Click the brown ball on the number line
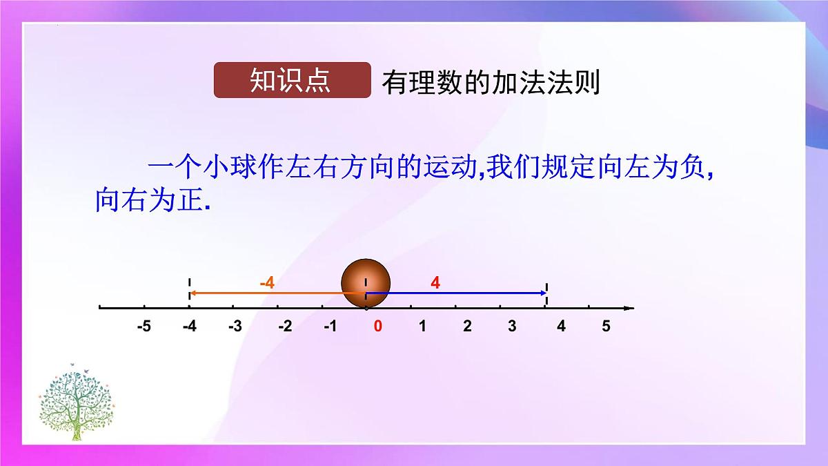pyautogui.click(x=366, y=283)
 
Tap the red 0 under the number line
pyautogui.click(x=377, y=327)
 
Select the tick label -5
pyautogui.click(x=144, y=327)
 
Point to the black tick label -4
pyautogui.click(x=189, y=327)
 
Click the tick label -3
pyautogui.click(x=235, y=327)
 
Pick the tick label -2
pyautogui.click(x=284, y=327)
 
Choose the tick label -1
pyautogui.click(x=330, y=327)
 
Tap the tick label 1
pyautogui.click(x=422, y=327)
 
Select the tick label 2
pyautogui.click(x=467, y=327)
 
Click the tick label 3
pyautogui.click(x=512, y=327)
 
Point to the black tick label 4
pyautogui.click(x=561, y=327)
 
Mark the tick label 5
pyautogui.click(x=606, y=327)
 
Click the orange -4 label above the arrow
pyautogui.click(x=267, y=283)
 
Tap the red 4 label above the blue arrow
pyautogui.click(x=435, y=282)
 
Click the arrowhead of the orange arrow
pyautogui.click(x=193, y=293)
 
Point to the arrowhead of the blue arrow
pyautogui.click(x=543, y=293)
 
